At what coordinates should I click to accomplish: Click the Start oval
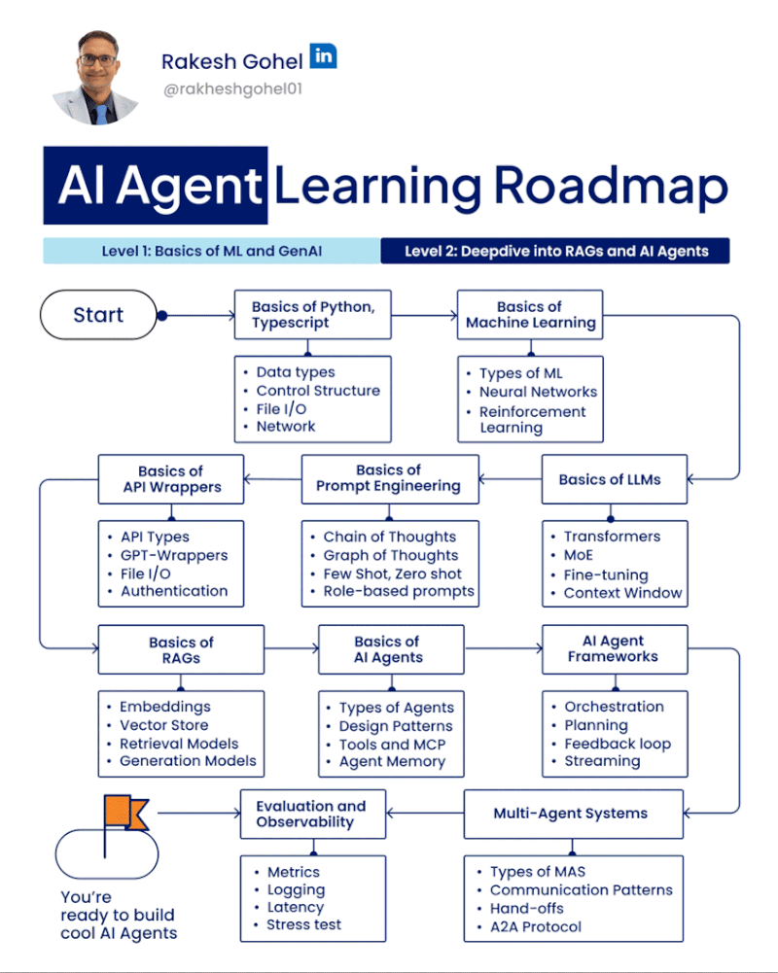98,315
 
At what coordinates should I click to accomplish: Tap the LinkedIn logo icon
323,56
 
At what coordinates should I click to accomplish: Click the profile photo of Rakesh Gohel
96,77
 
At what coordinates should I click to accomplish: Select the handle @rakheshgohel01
229,93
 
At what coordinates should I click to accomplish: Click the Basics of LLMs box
610,479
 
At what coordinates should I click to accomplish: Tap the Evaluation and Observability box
311,814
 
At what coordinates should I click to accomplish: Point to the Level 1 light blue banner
211,251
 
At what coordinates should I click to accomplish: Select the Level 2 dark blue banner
555,251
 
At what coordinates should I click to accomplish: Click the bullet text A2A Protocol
536,926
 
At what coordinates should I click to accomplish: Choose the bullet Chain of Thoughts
389,537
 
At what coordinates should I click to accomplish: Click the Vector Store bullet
163,725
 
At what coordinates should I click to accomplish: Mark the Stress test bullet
303,924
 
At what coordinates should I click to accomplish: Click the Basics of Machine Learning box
530,315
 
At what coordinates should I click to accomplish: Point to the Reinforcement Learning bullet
532,419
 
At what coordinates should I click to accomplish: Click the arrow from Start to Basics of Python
199,315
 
